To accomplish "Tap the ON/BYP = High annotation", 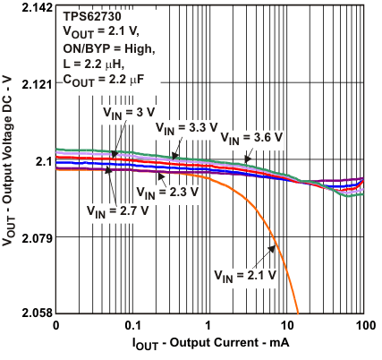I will click(112, 47).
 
